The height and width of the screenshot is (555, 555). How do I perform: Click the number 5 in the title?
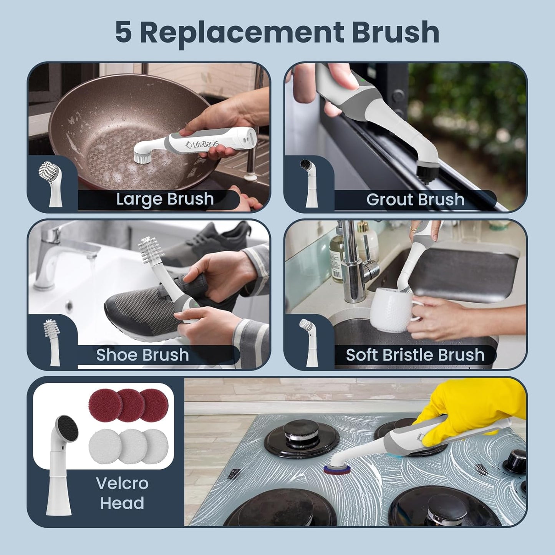[124, 32]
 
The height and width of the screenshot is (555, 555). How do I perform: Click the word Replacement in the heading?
[241, 32]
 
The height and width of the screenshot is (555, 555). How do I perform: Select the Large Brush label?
[165, 199]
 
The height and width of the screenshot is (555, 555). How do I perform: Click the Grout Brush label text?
[415, 200]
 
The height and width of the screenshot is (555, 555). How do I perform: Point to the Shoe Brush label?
[142, 355]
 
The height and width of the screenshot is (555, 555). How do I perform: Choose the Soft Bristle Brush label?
[415, 355]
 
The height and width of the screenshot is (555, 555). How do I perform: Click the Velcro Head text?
[122, 493]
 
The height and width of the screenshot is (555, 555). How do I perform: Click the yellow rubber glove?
[472, 411]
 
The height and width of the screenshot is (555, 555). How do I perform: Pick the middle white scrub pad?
[131, 446]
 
